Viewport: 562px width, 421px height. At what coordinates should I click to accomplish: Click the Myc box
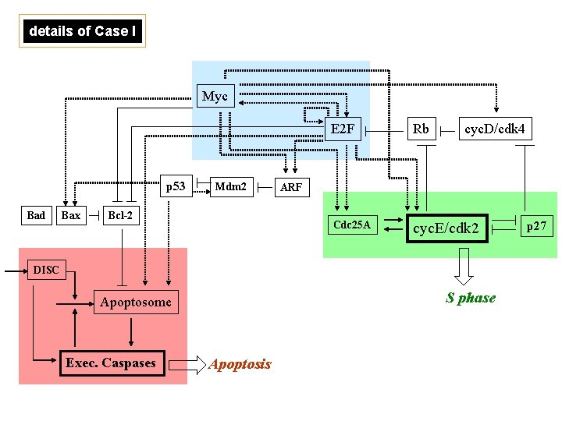point(215,96)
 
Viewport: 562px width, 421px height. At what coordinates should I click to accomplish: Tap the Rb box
point(421,129)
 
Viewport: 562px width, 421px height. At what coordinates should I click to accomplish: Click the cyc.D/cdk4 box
point(494,129)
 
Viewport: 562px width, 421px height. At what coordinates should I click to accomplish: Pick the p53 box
point(176,186)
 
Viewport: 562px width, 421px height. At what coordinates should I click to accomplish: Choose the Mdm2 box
point(230,186)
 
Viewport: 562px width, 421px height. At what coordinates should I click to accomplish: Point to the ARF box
point(290,187)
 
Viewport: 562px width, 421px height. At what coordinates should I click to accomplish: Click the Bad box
point(36,215)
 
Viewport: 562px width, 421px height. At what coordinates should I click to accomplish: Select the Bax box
point(70,215)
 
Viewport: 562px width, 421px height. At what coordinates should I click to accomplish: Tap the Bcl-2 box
point(119,215)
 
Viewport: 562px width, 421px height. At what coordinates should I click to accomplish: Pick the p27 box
point(538,226)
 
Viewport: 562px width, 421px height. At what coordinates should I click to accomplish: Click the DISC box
point(45,270)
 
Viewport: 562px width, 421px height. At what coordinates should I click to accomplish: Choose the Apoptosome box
point(136,302)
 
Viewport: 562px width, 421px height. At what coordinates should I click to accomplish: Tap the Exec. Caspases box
point(111,363)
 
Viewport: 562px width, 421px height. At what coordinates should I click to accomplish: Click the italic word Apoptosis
point(240,364)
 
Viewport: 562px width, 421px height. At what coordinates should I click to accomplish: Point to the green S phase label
point(471,297)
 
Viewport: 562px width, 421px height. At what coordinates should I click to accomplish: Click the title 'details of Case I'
point(83,31)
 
